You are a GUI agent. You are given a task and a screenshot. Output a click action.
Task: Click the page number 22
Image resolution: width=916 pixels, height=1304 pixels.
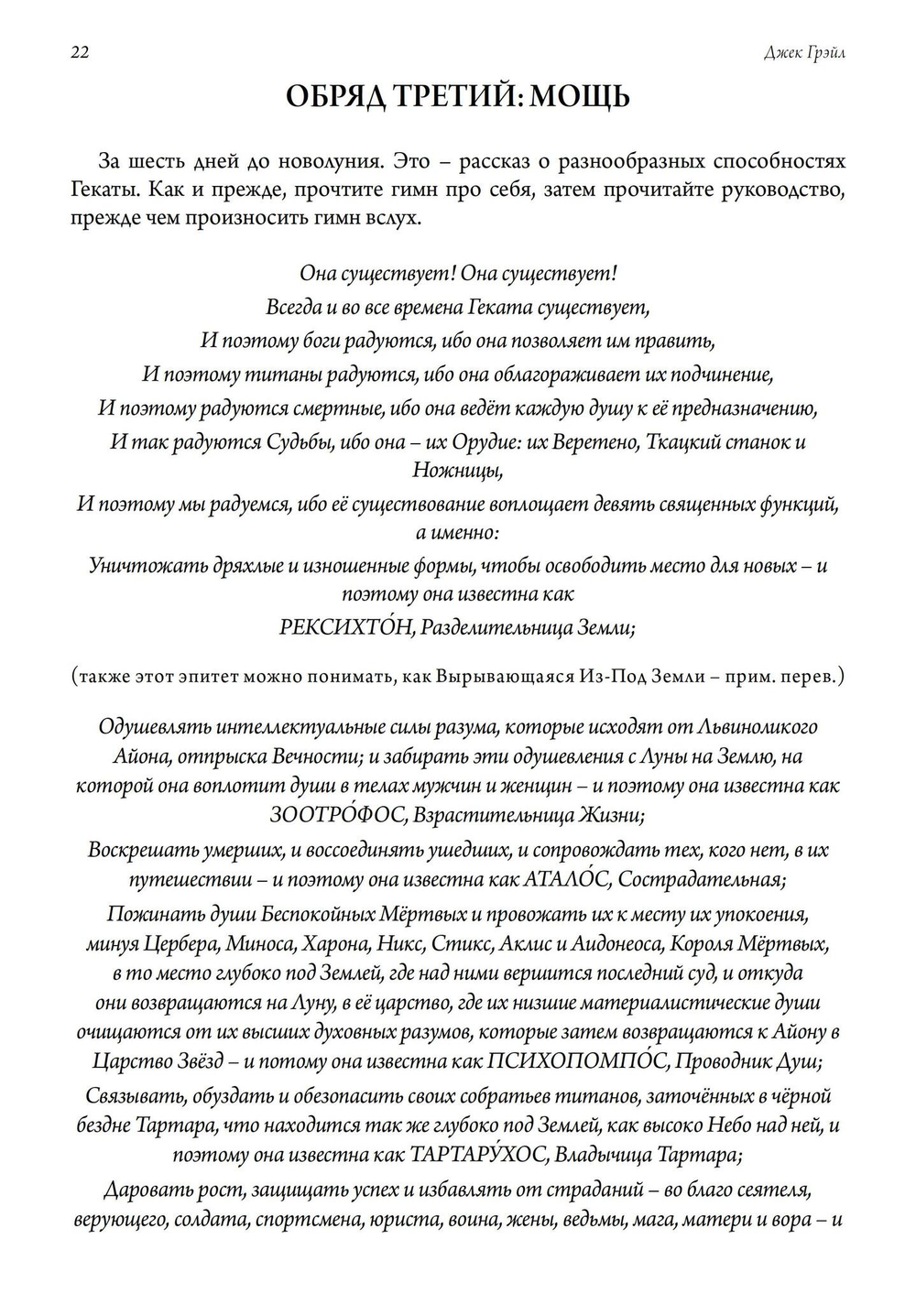coord(79,52)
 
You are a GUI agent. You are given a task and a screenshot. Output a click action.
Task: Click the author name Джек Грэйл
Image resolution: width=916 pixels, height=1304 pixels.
coord(804,53)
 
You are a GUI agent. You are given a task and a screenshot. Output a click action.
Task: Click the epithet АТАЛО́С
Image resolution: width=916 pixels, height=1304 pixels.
coord(567,880)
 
